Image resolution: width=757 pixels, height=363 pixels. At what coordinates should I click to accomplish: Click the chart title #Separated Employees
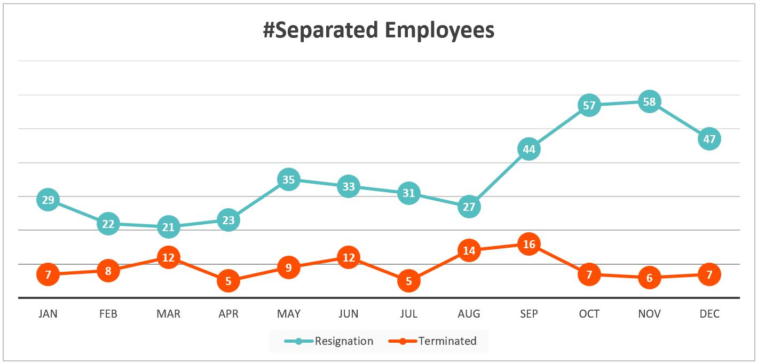(x=378, y=30)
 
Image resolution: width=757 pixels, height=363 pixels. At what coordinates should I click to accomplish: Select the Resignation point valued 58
(x=649, y=101)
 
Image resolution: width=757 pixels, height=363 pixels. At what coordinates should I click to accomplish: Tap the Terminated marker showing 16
(x=529, y=244)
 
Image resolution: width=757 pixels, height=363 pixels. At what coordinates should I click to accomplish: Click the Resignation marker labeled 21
(x=168, y=227)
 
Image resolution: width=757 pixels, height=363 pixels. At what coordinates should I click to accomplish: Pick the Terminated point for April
(x=228, y=281)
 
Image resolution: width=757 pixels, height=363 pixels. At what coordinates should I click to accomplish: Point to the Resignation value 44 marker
(x=529, y=149)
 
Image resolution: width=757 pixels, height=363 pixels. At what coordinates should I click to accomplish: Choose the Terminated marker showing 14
(x=469, y=250)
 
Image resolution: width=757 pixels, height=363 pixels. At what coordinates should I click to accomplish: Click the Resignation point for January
(x=48, y=200)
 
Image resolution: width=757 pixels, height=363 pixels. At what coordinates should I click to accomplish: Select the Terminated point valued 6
(x=649, y=278)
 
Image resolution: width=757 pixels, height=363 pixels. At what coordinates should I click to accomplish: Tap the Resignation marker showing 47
(x=709, y=139)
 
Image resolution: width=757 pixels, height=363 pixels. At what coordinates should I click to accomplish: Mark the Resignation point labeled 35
(x=288, y=179)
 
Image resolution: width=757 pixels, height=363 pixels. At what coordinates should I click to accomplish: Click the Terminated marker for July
(x=409, y=281)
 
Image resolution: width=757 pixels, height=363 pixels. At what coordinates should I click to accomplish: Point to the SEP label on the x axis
(x=529, y=314)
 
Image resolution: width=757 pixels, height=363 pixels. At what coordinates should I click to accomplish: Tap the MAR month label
(x=168, y=314)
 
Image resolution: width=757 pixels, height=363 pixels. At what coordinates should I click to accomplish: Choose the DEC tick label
(x=709, y=314)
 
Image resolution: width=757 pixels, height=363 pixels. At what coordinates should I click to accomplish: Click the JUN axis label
(x=349, y=314)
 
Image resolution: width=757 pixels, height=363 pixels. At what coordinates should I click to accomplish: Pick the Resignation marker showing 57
(x=589, y=105)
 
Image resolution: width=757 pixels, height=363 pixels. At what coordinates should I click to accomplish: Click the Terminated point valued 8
(x=108, y=271)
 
